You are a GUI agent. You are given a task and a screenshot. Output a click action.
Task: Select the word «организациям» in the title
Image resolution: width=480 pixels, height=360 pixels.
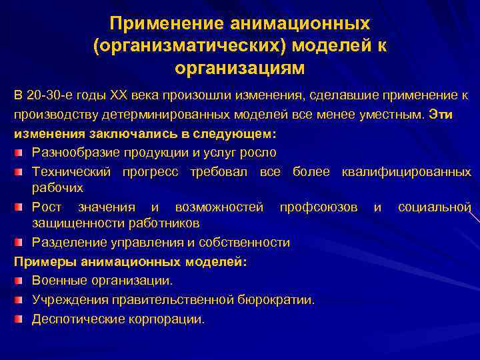240,68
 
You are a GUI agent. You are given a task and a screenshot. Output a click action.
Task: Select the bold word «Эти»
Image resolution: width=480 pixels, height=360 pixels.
441,115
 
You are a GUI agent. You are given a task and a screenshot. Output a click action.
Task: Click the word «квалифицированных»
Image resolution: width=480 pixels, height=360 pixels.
406,172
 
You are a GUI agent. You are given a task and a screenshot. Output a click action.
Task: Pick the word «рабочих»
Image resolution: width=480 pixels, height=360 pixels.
57,188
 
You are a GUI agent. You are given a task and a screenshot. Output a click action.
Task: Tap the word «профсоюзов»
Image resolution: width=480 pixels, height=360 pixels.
319,207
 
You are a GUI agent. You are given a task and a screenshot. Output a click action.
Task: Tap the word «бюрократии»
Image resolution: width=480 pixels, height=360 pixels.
278,300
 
